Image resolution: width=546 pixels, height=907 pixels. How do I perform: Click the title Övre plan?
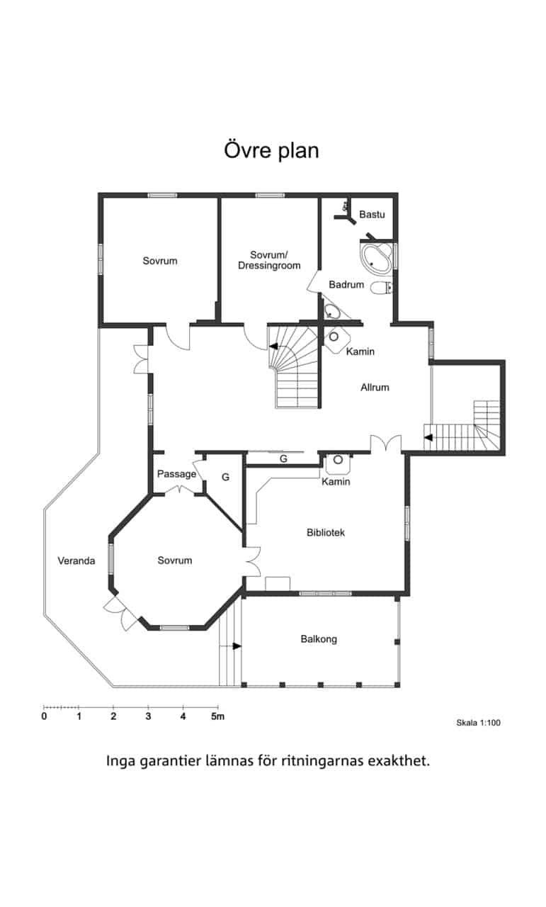pyautogui.click(x=271, y=151)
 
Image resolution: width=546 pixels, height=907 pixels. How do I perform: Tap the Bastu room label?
pyautogui.click(x=372, y=214)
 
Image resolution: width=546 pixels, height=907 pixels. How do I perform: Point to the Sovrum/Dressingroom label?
pyautogui.click(x=269, y=260)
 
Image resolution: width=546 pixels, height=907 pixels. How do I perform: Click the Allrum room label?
pyautogui.click(x=375, y=388)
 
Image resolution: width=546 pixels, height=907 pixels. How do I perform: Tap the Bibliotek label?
pyautogui.click(x=326, y=532)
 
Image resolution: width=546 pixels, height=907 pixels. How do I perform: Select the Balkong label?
pyautogui.click(x=319, y=639)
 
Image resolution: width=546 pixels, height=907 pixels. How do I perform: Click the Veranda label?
pyautogui.click(x=76, y=560)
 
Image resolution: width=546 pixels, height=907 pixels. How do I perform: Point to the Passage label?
pyautogui.click(x=176, y=474)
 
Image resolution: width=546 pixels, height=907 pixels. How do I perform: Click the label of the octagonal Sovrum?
pyautogui.click(x=175, y=560)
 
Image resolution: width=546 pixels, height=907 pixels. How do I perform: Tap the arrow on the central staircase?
pyautogui.click(x=273, y=347)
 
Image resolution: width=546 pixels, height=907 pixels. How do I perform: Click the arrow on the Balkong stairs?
pyautogui.click(x=237, y=646)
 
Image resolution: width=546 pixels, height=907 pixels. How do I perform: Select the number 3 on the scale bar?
pyautogui.click(x=148, y=716)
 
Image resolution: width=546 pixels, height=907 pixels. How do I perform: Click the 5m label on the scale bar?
pyautogui.click(x=217, y=716)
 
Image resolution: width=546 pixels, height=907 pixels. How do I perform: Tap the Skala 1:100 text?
pyautogui.click(x=479, y=723)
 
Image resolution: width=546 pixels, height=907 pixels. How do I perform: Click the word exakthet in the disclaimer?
pyautogui.click(x=399, y=760)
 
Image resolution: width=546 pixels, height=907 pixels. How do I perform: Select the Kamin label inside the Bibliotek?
pyautogui.click(x=336, y=481)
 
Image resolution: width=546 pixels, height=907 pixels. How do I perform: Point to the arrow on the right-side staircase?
pyautogui.click(x=428, y=437)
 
